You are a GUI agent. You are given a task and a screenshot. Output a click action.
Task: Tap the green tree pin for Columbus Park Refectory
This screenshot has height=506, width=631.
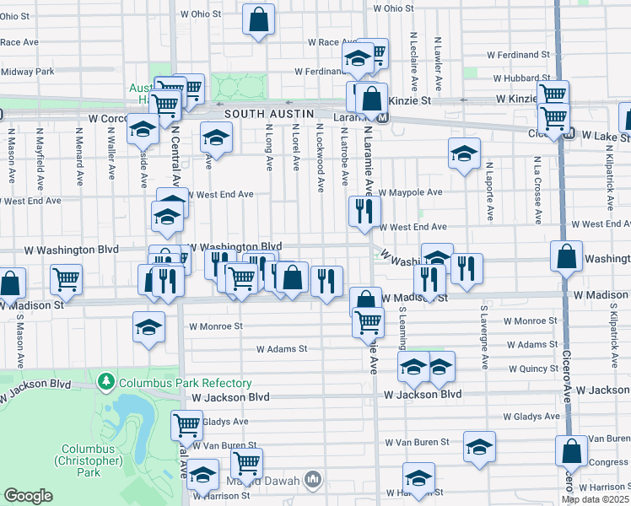pyautogui.click(x=105, y=382)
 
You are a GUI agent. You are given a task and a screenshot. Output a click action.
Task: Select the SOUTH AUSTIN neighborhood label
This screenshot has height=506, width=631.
pyautogui.click(x=269, y=114)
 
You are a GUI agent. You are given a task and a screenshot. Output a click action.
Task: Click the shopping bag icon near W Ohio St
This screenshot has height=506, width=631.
pyautogui.click(x=259, y=20)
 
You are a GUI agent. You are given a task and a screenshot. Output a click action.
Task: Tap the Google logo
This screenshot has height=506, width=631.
pyautogui.click(x=29, y=496)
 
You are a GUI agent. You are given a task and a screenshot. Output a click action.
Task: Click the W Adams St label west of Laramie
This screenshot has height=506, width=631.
pyautogui.click(x=282, y=347)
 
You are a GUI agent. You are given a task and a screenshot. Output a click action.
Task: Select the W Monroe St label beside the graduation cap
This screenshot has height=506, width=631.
pyautogui.click(x=215, y=326)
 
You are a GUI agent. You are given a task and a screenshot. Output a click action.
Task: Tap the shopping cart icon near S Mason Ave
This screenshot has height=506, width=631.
pyautogui.click(x=66, y=279)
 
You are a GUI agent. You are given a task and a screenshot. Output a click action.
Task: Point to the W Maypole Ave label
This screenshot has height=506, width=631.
pyautogui.click(x=411, y=192)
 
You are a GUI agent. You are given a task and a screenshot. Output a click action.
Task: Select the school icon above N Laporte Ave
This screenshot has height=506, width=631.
pyautogui.click(x=464, y=153)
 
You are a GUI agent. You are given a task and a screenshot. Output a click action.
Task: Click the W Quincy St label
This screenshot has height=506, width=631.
pyautogui.click(x=535, y=368)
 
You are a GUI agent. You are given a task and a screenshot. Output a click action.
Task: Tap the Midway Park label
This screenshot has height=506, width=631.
pyautogui.click(x=27, y=72)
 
